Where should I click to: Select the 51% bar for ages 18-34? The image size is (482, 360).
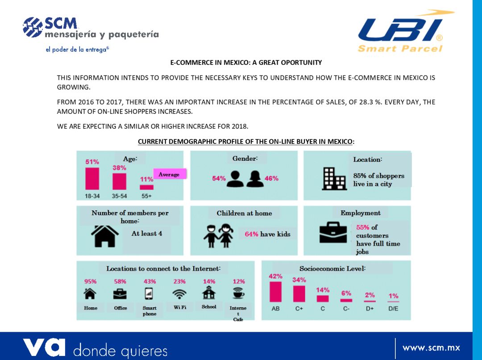click(92, 178)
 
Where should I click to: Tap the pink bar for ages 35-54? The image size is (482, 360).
click(119, 181)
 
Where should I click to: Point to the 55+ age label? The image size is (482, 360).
click(146, 196)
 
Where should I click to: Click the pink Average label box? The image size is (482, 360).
click(169, 174)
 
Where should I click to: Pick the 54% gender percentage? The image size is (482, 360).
click(219, 178)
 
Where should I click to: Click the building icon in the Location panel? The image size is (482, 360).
click(334, 179)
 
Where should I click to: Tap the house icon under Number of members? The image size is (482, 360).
click(105, 235)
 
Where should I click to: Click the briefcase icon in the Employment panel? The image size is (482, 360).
click(333, 233)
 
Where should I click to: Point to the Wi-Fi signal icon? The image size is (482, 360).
click(179, 293)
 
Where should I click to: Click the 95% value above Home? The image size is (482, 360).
click(91, 281)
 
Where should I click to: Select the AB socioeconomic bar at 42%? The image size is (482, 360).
click(275, 291)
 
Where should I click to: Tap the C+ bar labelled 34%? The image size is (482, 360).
click(299, 293)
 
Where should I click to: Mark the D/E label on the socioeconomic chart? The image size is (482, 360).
click(393, 309)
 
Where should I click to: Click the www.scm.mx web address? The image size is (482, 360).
click(431, 347)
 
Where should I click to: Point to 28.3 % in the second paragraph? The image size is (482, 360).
click(364, 102)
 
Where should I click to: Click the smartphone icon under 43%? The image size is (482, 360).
click(150, 293)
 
